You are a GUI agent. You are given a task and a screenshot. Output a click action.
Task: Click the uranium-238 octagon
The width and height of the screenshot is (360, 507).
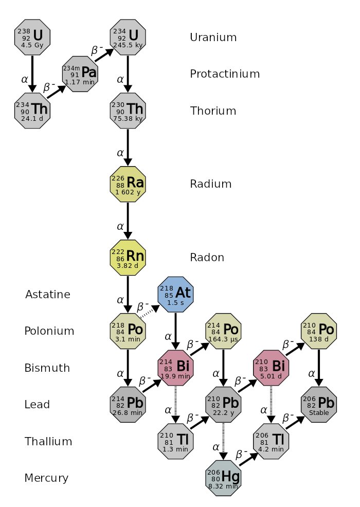click(32, 37)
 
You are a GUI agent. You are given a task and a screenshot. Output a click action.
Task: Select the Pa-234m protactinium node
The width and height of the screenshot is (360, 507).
click(80, 74)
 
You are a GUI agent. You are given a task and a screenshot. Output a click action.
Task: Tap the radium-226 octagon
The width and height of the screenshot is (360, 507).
click(128, 184)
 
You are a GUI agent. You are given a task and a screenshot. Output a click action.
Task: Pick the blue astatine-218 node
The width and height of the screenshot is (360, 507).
click(176, 294)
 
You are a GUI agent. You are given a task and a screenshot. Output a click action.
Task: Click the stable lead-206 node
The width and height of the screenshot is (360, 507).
click(319, 405)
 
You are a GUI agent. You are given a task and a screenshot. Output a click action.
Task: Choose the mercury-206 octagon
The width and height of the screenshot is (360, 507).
click(223, 478)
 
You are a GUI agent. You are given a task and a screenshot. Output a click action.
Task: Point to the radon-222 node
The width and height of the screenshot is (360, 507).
click(128, 258)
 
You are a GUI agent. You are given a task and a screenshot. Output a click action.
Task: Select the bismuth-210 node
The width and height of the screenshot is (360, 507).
click(271, 368)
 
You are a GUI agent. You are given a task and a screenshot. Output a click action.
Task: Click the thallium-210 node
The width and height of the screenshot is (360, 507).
click(176, 441)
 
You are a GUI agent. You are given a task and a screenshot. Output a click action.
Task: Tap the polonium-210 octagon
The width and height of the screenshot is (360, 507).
click(319, 331)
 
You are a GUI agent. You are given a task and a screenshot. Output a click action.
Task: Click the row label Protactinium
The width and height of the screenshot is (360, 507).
click(225, 74)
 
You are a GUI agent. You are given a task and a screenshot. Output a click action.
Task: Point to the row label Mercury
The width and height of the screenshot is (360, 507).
click(46, 478)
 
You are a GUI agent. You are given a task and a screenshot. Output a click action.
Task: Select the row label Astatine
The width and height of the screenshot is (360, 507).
click(47, 294)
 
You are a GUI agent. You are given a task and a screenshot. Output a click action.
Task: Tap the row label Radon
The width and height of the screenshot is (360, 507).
click(207, 258)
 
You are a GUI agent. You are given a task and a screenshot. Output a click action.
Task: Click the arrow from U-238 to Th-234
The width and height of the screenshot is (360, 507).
click(32, 74)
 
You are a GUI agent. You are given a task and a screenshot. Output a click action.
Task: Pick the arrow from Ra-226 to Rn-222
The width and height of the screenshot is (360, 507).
click(128, 221)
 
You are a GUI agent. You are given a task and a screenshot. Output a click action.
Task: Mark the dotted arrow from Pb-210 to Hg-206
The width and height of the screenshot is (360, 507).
click(223, 441)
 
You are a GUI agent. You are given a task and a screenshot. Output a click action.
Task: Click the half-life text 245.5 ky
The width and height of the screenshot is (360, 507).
click(128, 45)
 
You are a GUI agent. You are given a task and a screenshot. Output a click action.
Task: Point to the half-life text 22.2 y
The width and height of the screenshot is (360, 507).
click(223, 413)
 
